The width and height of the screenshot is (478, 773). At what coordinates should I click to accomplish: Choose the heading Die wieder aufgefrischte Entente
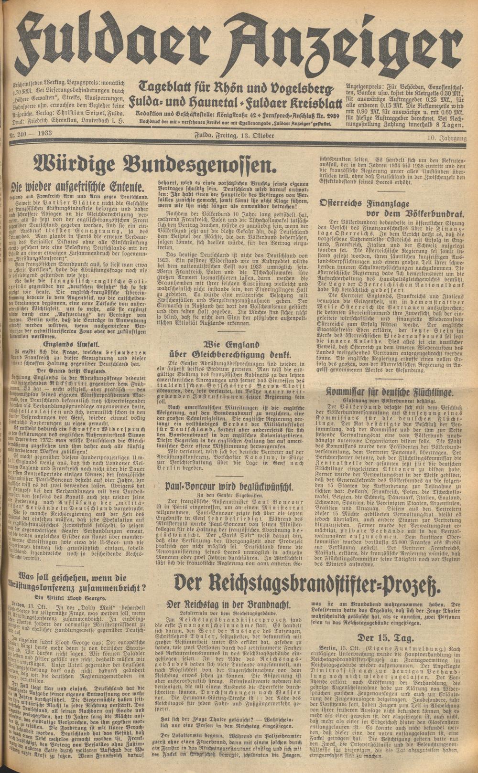79,187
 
